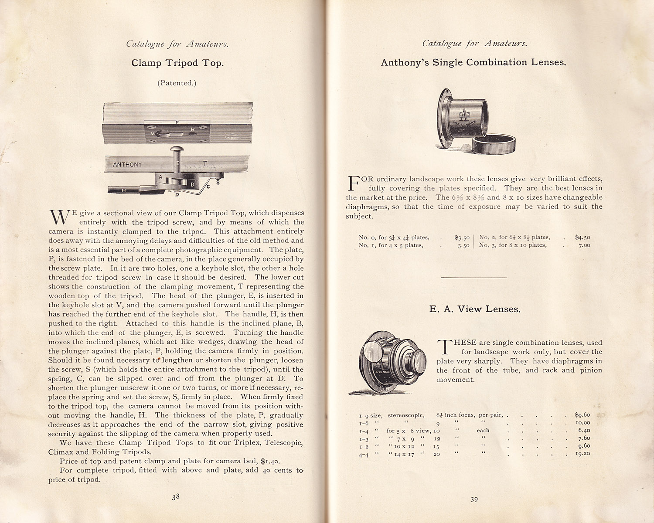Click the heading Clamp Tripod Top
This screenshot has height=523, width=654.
point(177,63)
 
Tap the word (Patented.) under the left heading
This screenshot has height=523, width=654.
point(177,83)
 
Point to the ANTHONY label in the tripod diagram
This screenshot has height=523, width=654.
point(127,164)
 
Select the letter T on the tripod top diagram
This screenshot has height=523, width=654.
point(205,163)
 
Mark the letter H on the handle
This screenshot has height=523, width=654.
point(124,190)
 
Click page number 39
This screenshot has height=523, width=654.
point(474,499)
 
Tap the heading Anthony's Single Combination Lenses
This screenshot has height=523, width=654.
point(473,62)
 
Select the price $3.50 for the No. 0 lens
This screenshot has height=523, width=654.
point(462,238)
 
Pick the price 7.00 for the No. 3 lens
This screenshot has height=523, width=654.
point(584,245)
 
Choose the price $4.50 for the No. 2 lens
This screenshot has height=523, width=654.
point(582,238)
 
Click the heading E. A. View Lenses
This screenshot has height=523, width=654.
point(475,309)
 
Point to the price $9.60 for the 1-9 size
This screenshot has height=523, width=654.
point(582,415)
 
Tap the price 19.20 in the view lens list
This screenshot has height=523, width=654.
point(582,454)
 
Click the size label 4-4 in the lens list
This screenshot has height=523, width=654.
point(364,454)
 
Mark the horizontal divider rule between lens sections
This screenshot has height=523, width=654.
point(474,277)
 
